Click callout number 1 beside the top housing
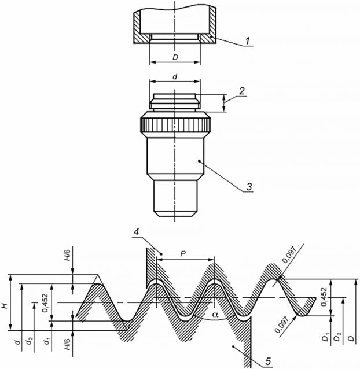point(247,40)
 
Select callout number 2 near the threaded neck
point(242,91)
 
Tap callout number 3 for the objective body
point(249,186)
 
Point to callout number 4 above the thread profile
point(137,231)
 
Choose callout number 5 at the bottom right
point(268,361)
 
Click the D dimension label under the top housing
point(175,57)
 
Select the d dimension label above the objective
point(175,77)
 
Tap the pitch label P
point(183,254)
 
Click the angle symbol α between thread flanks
point(215,315)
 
